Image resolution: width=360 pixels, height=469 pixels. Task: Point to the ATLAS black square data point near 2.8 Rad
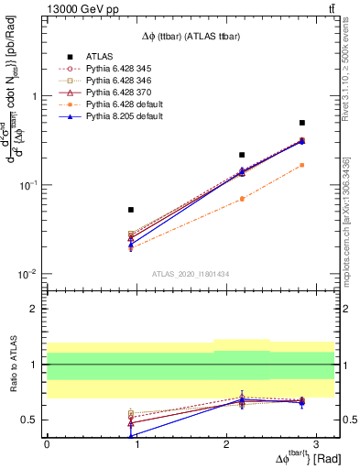pos(302,123)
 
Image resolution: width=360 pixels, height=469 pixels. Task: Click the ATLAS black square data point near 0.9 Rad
pos(131,210)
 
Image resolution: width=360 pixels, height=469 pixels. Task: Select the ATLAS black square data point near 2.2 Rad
pos(242,155)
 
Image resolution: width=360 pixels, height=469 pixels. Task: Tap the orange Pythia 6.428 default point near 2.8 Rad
pos(302,165)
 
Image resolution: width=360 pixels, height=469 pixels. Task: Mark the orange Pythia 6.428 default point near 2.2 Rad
pos(242,199)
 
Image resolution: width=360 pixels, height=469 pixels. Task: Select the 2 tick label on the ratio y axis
pos(35,310)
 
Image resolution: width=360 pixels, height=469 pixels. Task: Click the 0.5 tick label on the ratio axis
pos(30,420)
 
